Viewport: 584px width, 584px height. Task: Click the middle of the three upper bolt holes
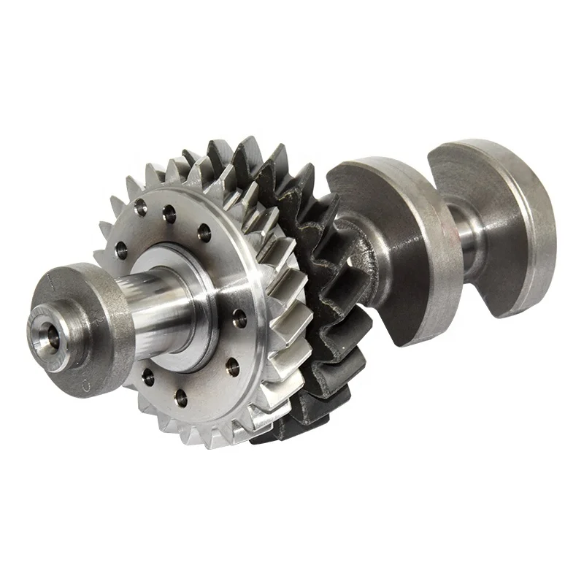click(x=169, y=214)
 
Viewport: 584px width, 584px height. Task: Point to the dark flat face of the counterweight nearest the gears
click(x=409, y=292)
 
